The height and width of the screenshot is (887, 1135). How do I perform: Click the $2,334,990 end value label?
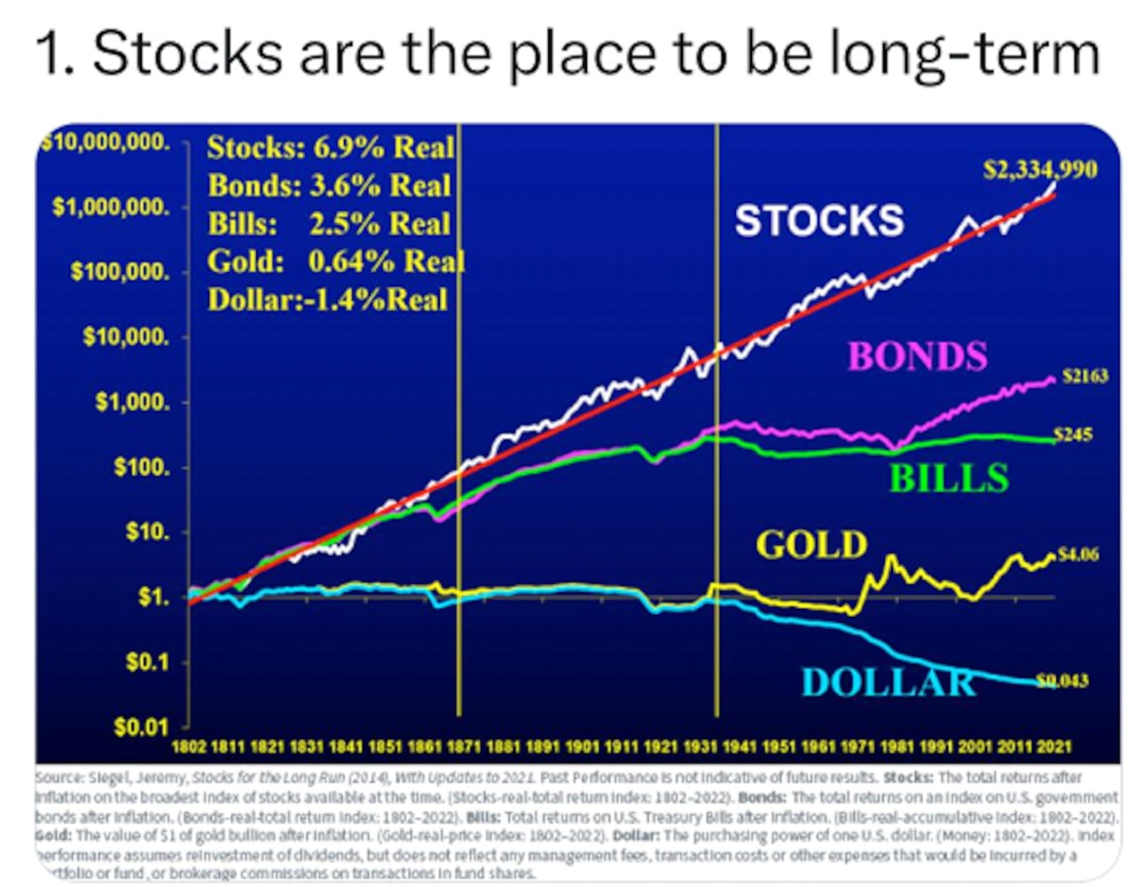coord(1039,169)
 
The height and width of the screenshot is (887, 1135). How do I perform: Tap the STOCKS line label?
coord(819,221)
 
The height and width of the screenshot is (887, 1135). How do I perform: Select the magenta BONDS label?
coord(917,356)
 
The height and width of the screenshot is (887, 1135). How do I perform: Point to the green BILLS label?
coord(949,479)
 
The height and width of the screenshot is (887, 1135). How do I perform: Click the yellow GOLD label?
coord(811,544)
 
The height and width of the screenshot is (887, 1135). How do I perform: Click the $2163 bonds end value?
coord(1084,376)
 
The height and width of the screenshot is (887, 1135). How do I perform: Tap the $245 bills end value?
coord(1073,434)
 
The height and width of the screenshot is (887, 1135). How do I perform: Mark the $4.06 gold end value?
coord(1078,555)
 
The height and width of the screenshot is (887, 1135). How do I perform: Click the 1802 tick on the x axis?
coord(188,747)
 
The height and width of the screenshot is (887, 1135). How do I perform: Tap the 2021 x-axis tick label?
coord(1054,747)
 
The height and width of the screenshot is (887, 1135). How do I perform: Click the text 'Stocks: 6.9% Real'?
coord(330,147)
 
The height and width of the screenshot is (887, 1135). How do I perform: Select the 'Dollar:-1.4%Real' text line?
coord(327,300)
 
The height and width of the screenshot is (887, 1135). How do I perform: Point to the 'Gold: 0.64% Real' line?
coord(335,261)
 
